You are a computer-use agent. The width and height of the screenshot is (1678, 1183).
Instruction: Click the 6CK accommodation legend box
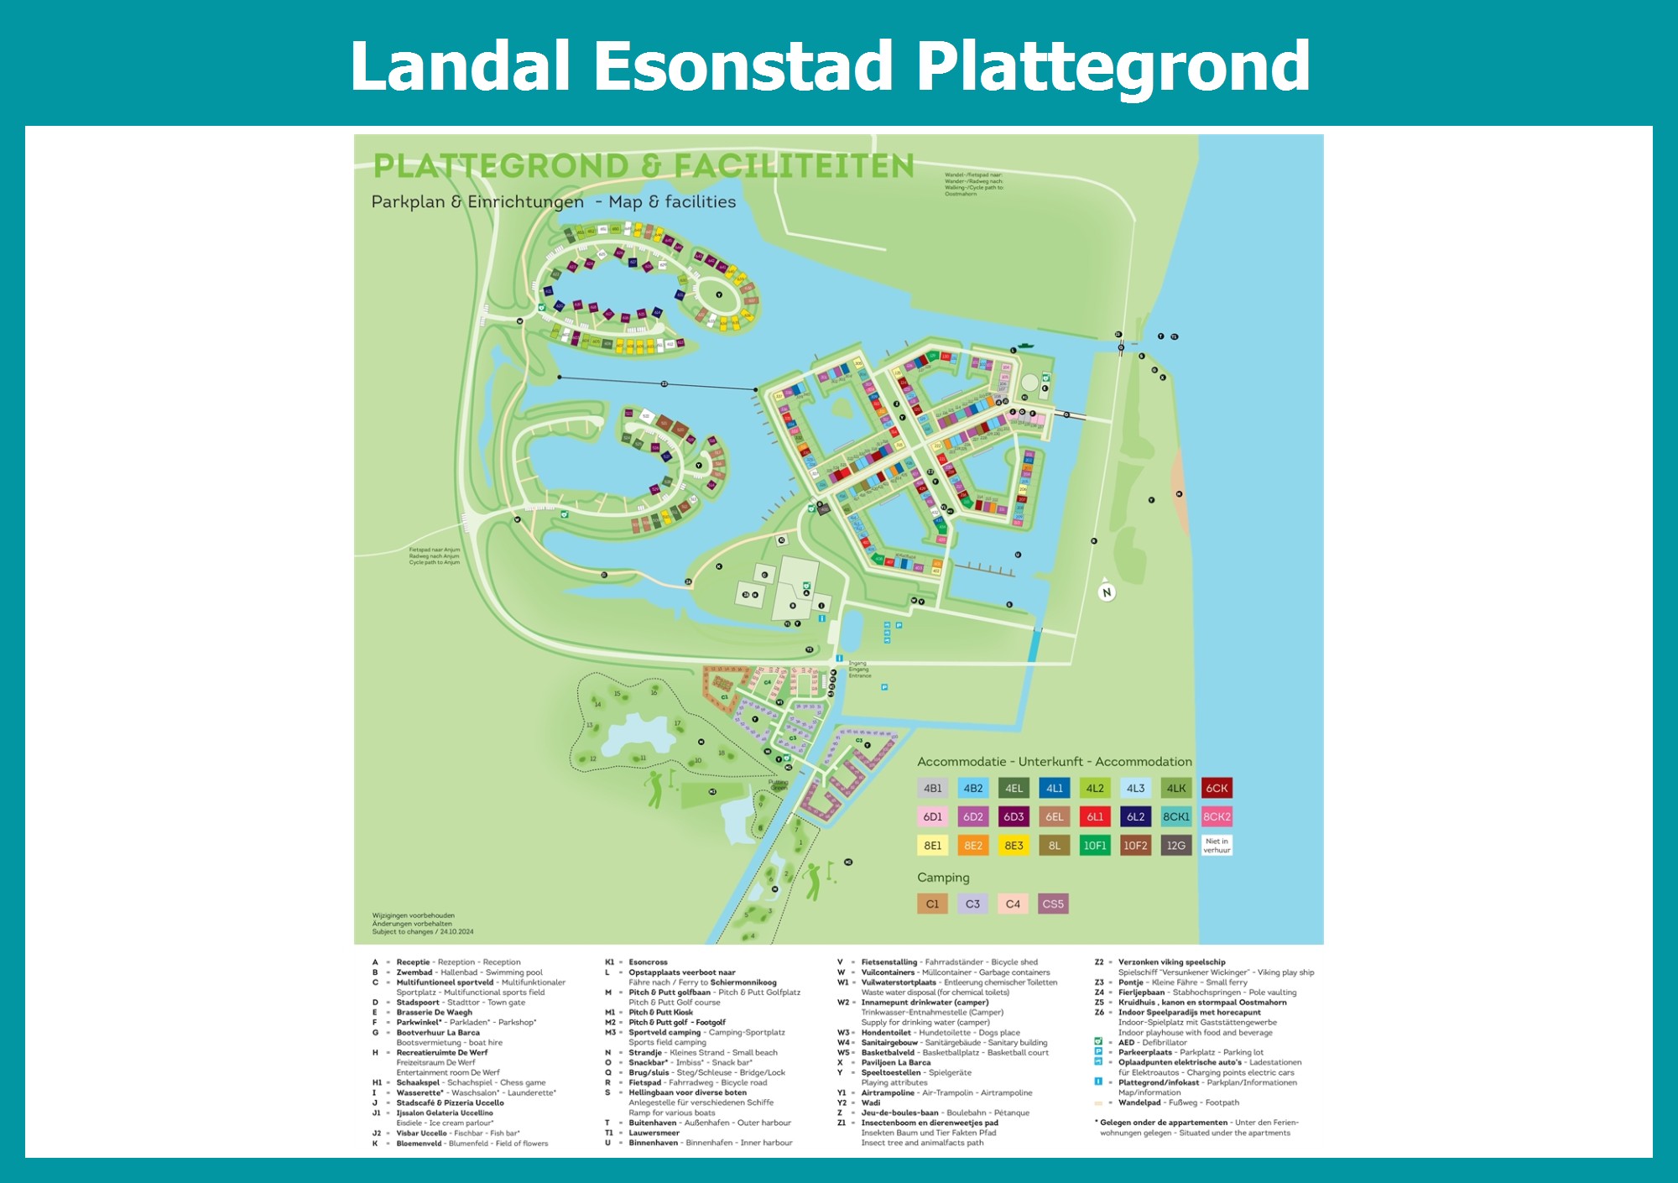(x=1217, y=788)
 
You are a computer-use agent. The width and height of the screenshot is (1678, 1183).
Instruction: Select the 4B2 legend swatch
(x=972, y=788)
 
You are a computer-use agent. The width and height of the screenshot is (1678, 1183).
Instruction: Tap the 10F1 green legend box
(x=1095, y=846)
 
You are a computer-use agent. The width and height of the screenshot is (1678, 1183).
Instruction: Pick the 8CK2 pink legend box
(x=1217, y=816)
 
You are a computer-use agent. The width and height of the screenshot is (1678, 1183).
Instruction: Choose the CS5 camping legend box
(x=1053, y=904)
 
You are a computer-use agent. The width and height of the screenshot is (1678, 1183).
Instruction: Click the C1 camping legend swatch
(x=932, y=904)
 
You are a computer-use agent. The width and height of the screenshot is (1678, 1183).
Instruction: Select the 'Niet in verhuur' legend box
(x=1217, y=846)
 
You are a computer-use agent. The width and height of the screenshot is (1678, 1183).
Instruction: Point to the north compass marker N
(x=1107, y=592)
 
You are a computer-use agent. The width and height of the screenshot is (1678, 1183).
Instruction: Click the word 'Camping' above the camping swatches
(x=943, y=878)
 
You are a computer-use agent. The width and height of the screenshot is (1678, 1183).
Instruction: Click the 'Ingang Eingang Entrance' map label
(x=859, y=669)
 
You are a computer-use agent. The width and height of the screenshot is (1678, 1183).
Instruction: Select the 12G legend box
(x=1176, y=846)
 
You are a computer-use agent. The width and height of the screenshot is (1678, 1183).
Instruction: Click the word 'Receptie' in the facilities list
(x=413, y=962)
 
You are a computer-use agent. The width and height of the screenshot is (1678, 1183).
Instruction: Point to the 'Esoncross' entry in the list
(x=648, y=962)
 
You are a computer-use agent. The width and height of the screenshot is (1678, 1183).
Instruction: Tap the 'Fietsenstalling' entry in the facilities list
(x=889, y=962)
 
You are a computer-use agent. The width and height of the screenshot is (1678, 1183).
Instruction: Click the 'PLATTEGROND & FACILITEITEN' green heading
(x=644, y=166)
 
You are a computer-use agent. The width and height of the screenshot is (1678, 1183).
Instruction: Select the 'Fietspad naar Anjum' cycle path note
(x=434, y=555)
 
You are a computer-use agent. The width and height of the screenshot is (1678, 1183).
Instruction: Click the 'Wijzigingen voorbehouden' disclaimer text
(x=414, y=915)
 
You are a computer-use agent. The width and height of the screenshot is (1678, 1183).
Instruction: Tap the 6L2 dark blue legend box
(x=1135, y=816)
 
